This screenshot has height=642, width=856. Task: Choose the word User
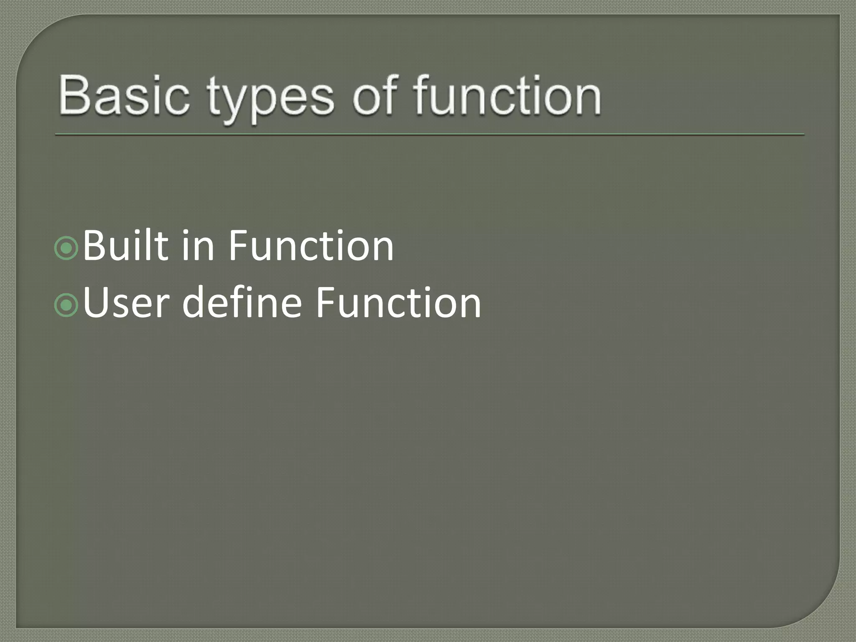pyautogui.click(x=126, y=303)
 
